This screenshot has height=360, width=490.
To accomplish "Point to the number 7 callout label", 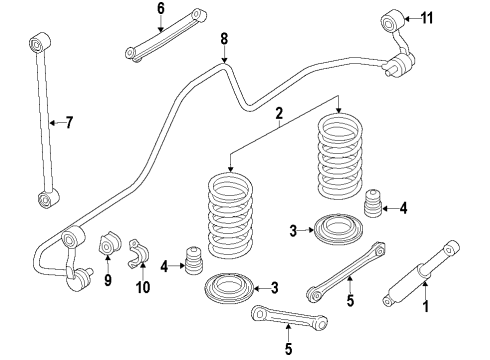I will [67, 123].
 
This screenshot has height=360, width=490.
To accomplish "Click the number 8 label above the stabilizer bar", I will [224, 40].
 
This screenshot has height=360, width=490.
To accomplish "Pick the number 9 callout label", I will [108, 281].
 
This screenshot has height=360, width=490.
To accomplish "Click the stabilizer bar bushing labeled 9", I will [108, 245].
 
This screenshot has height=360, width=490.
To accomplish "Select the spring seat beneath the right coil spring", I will [339, 232].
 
